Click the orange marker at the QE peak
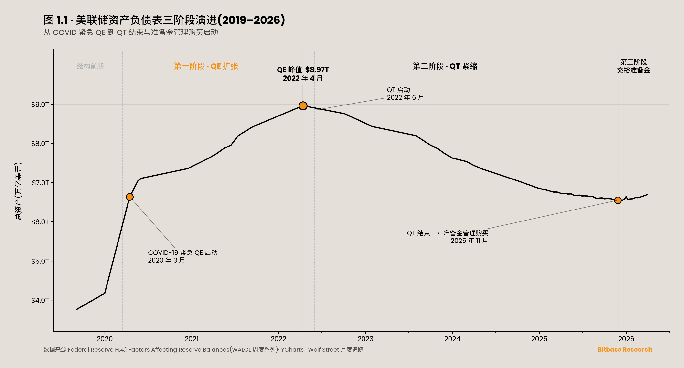coord(303,106)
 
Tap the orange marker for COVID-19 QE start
coord(129,197)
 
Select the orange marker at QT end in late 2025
coord(618,200)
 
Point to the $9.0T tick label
coord(40,105)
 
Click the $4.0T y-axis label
coord(40,300)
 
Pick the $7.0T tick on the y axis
coord(40,183)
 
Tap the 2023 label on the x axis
coord(365,339)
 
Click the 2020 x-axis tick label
coord(105,339)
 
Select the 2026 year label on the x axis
coord(626,339)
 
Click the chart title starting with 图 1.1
coord(164,20)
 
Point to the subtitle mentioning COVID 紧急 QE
coord(131,32)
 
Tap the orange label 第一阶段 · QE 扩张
coord(206,66)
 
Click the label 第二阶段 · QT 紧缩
coord(445,66)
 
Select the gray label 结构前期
coord(90,66)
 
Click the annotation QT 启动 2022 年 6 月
coord(405,94)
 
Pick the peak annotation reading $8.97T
coord(303,74)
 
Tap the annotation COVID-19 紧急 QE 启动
coord(183,256)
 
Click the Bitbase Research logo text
coord(625,349)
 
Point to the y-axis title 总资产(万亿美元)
coord(19,191)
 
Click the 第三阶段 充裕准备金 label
coord(633,66)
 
